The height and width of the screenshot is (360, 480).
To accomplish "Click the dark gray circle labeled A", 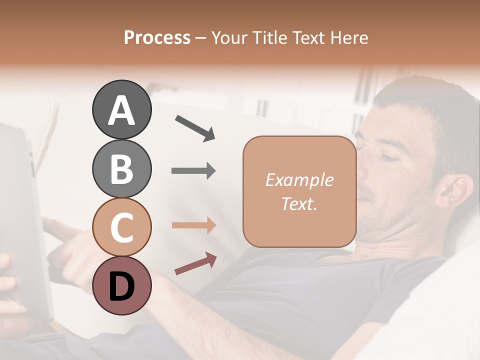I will pyautogui.click(x=121, y=109).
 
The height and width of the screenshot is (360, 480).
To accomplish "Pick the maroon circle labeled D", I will pyautogui.click(x=121, y=285).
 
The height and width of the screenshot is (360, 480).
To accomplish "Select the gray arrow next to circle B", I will pyautogui.click(x=193, y=171).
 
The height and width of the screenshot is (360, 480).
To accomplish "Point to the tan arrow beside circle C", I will pyautogui.click(x=193, y=225).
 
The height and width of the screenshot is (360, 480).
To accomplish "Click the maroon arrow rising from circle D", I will pyautogui.click(x=195, y=264).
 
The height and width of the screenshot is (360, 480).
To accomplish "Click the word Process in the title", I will pyautogui.click(x=157, y=37).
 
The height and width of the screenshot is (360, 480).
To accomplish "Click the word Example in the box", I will pyautogui.click(x=299, y=180).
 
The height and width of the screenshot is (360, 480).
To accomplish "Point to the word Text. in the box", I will pyautogui.click(x=299, y=203).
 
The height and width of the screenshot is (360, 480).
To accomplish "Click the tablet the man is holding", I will pyautogui.click(x=22, y=220).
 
